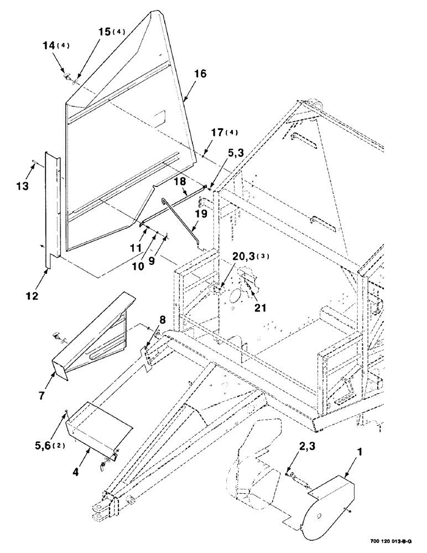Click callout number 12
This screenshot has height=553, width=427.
tap(32, 296)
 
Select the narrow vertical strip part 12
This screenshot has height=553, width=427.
tap(53, 210)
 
